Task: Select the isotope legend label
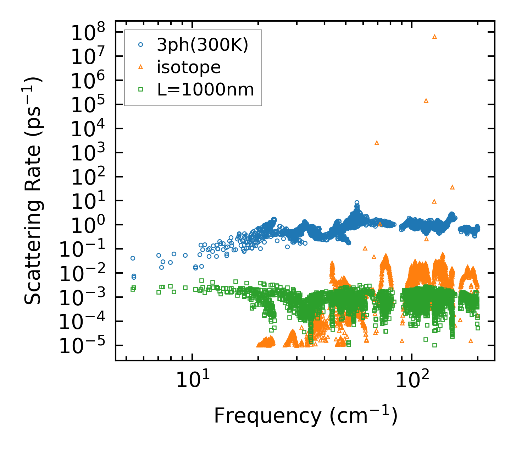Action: coord(189,67)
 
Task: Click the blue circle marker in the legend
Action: coord(141,45)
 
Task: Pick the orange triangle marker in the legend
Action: coord(141,67)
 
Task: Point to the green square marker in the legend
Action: coord(141,89)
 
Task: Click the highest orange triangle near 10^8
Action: coord(434,37)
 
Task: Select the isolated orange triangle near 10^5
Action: coord(426,100)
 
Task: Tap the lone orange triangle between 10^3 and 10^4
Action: coord(377,143)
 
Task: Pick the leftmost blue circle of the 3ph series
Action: coord(133,258)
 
